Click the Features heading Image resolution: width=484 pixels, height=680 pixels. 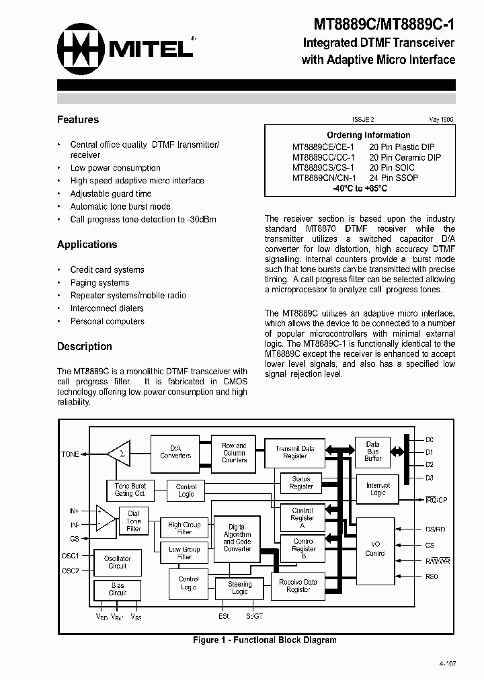tap(78, 120)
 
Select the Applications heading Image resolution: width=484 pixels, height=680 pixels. tap(87, 245)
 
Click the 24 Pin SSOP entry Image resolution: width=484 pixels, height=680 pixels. tap(393, 178)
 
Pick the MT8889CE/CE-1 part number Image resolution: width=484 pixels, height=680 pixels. tap(323, 146)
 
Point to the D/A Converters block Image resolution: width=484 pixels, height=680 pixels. tap(175, 452)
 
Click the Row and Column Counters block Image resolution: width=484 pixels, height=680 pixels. tap(234, 453)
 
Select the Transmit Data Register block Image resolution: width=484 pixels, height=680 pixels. tap(294, 452)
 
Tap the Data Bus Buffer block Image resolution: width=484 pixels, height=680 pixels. tap(372, 452)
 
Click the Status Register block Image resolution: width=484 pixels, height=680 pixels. tap(300, 483)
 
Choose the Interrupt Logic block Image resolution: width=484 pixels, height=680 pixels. tap(377, 489)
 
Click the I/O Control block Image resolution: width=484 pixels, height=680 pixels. tap(374, 550)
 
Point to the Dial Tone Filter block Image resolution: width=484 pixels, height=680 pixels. tap(134, 521)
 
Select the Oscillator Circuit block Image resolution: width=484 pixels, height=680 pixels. tap(118, 562)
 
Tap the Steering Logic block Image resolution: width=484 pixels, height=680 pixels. tap(239, 588)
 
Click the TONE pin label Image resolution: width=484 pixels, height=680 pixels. tap(70, 454)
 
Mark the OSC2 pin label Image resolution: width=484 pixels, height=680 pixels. tap(70, 571)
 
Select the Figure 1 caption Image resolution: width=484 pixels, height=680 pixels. tap(264, 640)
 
